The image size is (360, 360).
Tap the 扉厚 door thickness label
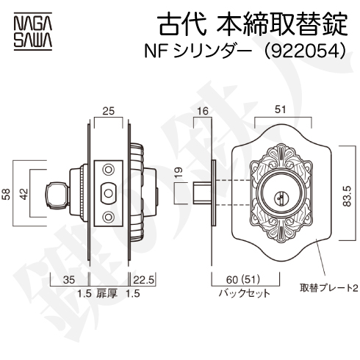(x=107, y=293)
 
